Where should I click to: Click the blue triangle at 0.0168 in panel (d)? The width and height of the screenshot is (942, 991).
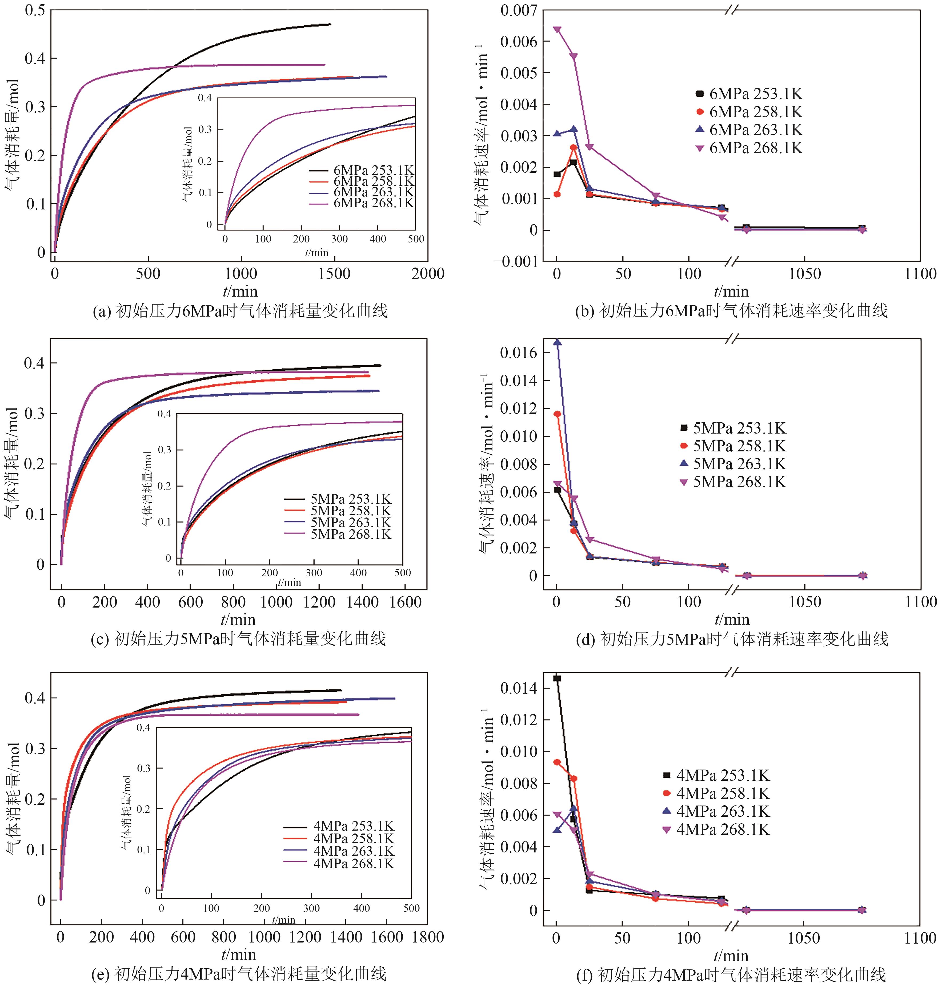(x=557, y=343)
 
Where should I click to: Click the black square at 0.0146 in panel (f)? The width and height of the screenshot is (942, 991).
(x=557, y=678)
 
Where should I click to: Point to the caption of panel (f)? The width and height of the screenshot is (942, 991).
(x=732, y=975)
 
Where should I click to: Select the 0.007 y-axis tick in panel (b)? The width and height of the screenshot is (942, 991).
(x=519, y=10)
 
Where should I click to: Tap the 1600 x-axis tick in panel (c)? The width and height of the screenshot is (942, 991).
(x=405, y=602)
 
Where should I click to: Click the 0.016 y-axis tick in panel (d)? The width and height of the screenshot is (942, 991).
(x=519, y=353)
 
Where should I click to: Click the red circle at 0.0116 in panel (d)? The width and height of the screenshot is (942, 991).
(x=557, y=414)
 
